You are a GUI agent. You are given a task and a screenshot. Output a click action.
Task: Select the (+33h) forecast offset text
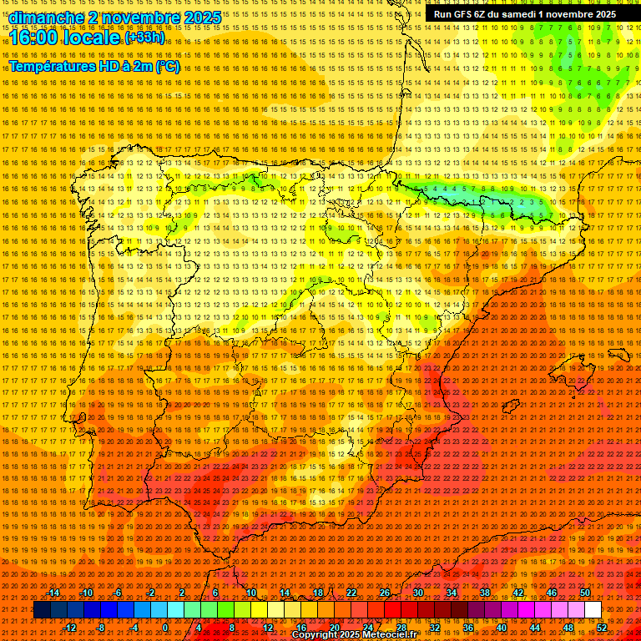coord(144,38)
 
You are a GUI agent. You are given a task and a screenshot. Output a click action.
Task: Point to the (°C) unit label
coord(168,67)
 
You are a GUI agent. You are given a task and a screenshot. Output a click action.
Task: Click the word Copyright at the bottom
coord(316,635)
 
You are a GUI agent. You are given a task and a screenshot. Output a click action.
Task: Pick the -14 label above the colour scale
coord(53,593)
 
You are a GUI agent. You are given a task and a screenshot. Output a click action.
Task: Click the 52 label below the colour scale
coord(602,627)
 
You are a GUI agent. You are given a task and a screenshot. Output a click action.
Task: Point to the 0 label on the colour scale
coord(165,627)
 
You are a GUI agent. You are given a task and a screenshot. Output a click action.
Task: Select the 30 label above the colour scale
coord(417,593)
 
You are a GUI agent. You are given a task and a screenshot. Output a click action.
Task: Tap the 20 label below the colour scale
coord(335,627)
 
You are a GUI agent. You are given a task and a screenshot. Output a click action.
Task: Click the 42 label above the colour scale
coord(517,593)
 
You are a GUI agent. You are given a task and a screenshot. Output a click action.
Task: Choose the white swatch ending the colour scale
coord(593,610)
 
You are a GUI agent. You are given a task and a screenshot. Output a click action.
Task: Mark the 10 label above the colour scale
coord(250,593)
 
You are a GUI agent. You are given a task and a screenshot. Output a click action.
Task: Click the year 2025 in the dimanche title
coord(202,18)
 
